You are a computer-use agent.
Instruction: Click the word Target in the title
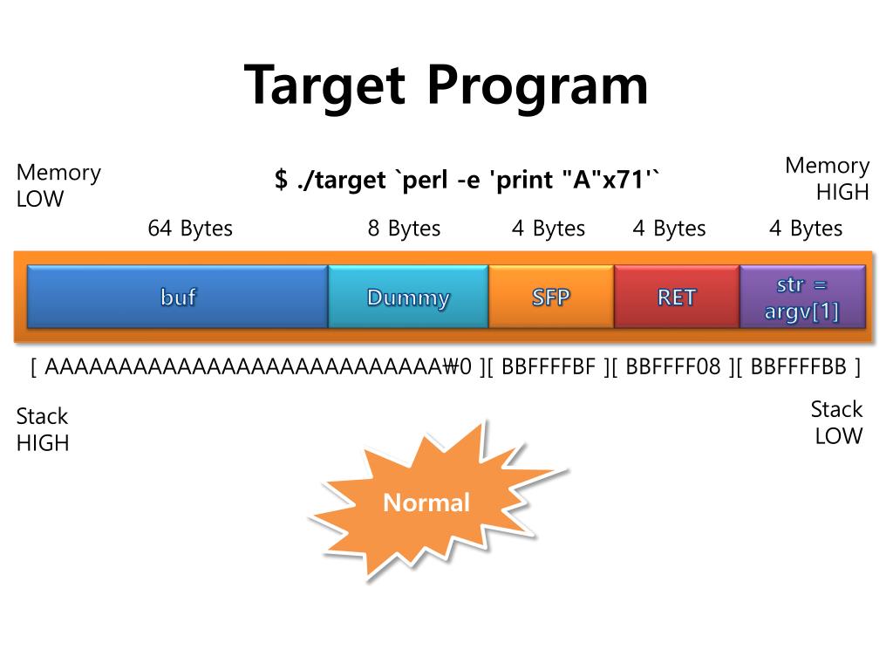[x=325, y=85]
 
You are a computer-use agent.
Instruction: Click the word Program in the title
[x=538, y=85]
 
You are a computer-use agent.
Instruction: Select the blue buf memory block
[x=178, y=297]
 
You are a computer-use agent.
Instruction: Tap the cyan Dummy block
[x=408, y=297]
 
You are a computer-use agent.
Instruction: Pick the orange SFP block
[x=551, y=297]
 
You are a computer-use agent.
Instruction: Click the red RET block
[x=677, y=297]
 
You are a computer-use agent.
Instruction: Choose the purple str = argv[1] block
[x=802, y=297]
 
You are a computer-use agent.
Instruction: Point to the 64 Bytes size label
[x=190, y=229]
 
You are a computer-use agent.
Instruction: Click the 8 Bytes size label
[x=404, y=229]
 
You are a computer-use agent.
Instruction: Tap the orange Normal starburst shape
[x=426, y=502]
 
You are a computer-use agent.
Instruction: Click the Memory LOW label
[x=58, y=185]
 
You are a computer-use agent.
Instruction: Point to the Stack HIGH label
[x=42, y=429]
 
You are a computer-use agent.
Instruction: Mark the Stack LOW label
[x=836, y=422]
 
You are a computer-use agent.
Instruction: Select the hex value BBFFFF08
[x=673, y=366]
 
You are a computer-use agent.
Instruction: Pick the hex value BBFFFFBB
[x=798, y=366]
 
